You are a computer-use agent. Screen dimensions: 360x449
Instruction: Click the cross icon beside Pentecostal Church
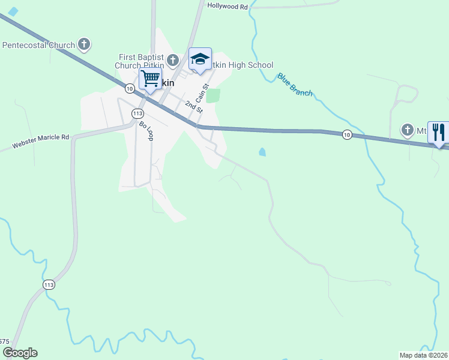click(x=84, y=44)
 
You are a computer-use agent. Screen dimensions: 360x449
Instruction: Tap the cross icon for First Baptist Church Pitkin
click(x=173, y=60)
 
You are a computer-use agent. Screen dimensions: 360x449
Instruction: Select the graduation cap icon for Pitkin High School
click(x=200, y=59)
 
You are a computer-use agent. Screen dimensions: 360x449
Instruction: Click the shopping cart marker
click(x=150, y=77)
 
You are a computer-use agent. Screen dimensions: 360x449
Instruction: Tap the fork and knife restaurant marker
click(x=438, y=131)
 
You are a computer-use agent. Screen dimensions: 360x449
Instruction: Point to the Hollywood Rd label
click(x=228, y=6)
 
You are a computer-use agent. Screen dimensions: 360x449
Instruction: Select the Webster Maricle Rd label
click(x=41, y=142)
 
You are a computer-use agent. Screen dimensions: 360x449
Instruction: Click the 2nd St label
click(x=193, y=108)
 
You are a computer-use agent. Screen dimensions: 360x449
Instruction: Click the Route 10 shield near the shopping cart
click(x=129, y=88)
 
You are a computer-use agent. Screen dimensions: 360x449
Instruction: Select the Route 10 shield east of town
click(x=346, y=134)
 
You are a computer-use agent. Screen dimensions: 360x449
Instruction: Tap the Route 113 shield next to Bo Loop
click(x=137, y=113)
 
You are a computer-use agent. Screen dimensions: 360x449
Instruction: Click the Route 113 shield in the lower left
click(x=49, y=284)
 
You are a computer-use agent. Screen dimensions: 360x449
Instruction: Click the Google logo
click(x=20, y=353)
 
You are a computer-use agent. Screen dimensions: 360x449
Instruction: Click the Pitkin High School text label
click(x=243, y=65)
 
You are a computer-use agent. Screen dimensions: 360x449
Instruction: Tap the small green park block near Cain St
click(x=213, y=95)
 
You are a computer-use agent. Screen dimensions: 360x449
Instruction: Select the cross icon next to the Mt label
click(x=408, y=130)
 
